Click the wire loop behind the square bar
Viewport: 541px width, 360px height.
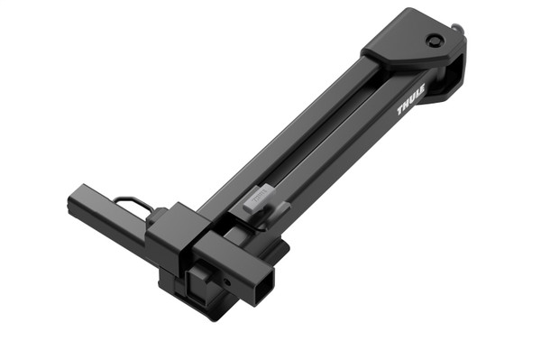133,203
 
